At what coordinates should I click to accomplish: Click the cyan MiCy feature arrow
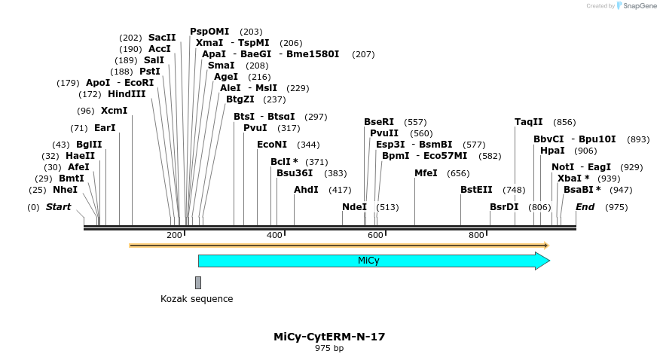[x=369, y=261]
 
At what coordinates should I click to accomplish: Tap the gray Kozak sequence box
[x=198, y=282]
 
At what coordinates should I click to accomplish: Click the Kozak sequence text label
[x=197, y=299]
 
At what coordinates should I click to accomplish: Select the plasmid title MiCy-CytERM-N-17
[x=329, y=337]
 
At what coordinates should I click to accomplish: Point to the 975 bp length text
[x=329, y=348]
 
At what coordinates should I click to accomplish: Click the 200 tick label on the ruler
[x=174, y=235]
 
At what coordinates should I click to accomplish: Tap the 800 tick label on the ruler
[x=476, y=235]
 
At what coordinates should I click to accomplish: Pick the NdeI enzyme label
[x=354, y=207]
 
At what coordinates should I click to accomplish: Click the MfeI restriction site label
[x=426, y=173]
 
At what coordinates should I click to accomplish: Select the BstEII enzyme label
[x=476, y=190]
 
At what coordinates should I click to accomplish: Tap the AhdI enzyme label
[x=306, y=190]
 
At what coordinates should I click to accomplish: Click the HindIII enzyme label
[x=127, y=94]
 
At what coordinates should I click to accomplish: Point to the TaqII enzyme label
[x=529, y=122]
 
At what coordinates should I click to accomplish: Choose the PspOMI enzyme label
[x=209, y=32]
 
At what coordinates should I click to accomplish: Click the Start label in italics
[x=59, y=207]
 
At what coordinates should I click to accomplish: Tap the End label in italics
[x=585, y=207]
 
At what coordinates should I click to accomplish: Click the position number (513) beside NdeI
[x=387, y=207]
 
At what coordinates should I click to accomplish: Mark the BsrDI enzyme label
[x=504, y=207]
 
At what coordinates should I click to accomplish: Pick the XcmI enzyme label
[x=115, y=111]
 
